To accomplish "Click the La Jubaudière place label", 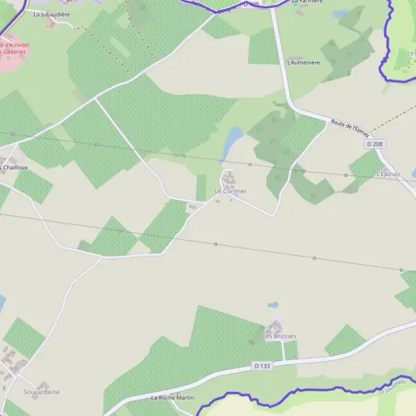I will (53, 14).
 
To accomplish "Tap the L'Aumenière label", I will (304, 62).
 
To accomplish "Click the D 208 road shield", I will (374, 144).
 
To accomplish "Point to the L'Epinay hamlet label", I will (388, 174).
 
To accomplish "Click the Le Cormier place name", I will (230, 191).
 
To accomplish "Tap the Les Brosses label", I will (279, 336).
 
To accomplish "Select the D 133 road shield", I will (261, 365).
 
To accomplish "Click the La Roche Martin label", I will (173, 397).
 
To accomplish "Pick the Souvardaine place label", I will (42, 392).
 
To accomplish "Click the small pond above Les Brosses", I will (273, 304).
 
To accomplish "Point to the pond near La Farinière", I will (340, 13).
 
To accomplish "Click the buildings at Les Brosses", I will (275, 326).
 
